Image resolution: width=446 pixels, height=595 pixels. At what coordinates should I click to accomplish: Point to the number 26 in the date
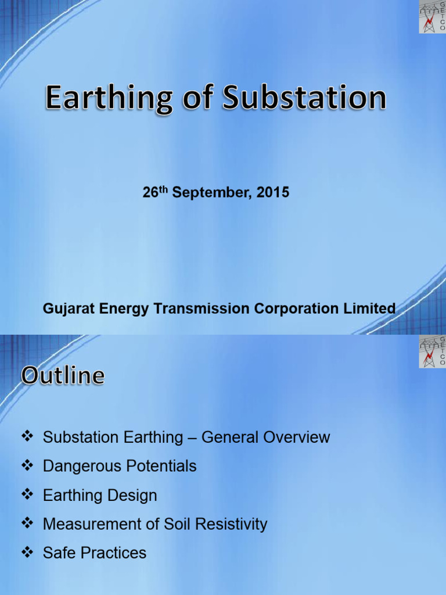[150, 193]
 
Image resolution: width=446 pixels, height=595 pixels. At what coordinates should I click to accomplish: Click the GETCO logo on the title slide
[432, 16]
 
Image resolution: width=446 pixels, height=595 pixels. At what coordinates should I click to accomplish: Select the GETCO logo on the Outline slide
[432, 351]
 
